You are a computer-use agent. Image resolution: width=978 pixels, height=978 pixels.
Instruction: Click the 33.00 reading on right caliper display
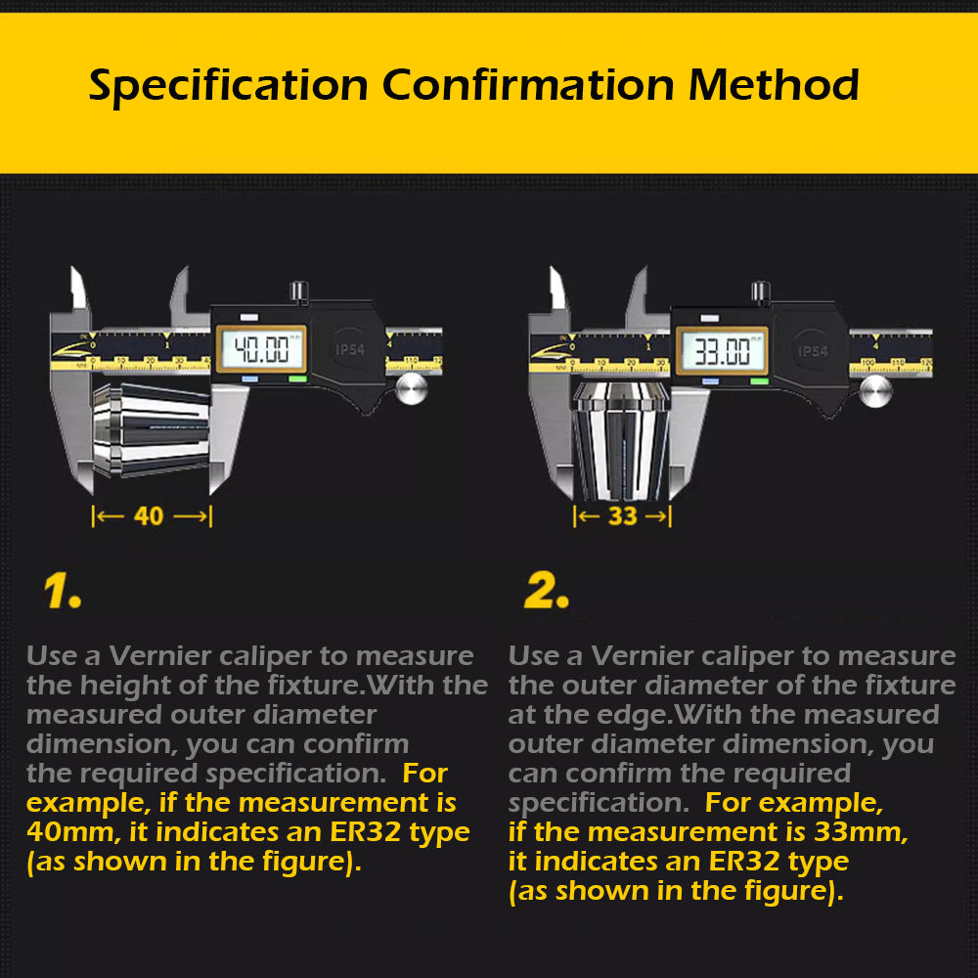coord(723,349)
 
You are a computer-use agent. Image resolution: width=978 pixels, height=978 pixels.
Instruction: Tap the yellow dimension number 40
coord(149,515)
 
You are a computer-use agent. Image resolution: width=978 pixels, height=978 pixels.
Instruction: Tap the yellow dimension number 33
coord(622,515)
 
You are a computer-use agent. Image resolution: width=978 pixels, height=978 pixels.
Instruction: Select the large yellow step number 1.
coord(62,591)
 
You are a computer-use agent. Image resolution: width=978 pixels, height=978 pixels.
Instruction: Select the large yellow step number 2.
coord(546,591)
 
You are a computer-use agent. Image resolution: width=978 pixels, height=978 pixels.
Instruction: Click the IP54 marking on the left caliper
coord(348,349)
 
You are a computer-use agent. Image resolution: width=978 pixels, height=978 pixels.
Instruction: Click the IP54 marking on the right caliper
coord(811,349)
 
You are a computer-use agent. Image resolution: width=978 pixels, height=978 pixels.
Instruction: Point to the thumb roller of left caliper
coord(412,389)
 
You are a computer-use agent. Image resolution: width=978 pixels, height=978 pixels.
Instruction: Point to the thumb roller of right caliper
coord(874,390)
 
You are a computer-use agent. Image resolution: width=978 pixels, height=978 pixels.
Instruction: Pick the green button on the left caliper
coord(296,379)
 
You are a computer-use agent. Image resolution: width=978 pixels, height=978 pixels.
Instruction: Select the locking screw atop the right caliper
coord(760,291)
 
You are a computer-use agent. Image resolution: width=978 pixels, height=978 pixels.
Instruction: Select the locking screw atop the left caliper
coord(299,291)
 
